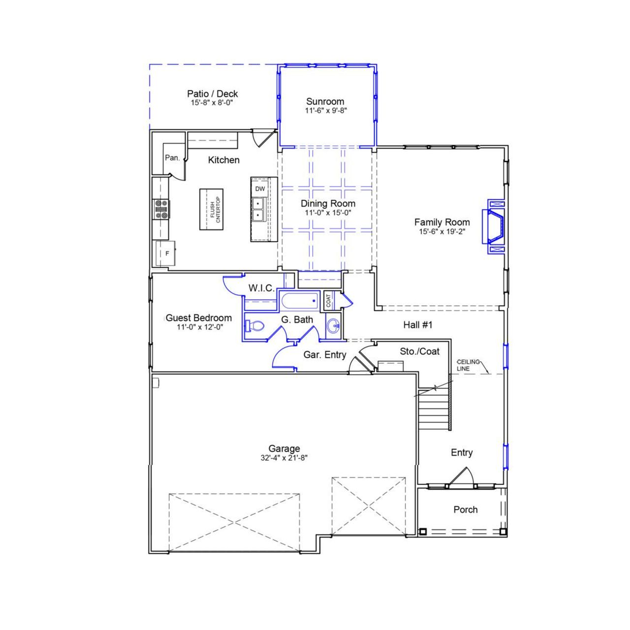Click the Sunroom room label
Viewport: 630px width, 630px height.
[325, 101]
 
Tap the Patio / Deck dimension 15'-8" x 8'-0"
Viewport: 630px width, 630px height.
[212, 103]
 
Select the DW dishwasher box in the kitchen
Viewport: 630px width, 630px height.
[260, 189]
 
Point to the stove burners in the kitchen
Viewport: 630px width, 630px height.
[161, 209]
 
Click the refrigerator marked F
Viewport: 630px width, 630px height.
[166, 253]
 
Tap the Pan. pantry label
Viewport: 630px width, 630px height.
[172, 158]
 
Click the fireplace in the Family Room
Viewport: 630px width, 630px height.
[495, 226]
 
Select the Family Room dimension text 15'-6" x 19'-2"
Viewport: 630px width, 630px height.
[441, 231]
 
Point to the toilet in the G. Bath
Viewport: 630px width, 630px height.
[255, 325]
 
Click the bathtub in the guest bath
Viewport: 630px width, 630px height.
[299, 300]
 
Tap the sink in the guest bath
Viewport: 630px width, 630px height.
[334, 325]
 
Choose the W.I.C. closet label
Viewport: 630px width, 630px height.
[261, 288]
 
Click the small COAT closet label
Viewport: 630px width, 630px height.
[329, 300]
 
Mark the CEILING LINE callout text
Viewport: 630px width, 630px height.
[468, 365]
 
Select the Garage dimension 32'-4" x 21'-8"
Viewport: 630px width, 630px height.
[284, 457]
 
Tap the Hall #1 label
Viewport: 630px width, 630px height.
[417, 325]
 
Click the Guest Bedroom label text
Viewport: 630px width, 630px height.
[199, 318]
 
